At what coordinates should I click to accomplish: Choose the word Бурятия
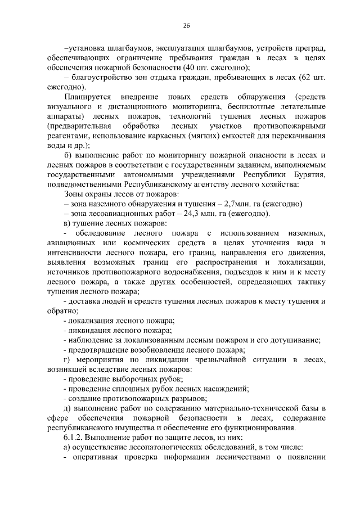pyautogui.click(x=308, y=174)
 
